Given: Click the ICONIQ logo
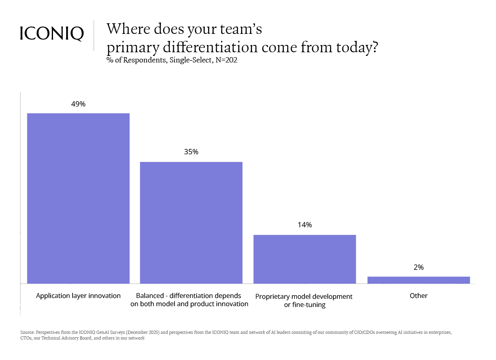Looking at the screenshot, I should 52,33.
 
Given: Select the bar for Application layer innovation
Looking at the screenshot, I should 78,198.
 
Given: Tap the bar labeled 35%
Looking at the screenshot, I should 191,222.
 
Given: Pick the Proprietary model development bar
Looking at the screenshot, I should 304,259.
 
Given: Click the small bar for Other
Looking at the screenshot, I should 418,280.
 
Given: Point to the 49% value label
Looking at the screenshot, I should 78,104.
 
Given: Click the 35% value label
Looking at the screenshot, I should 191,152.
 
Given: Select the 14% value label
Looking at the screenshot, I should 304,225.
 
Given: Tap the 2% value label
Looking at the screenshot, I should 418,267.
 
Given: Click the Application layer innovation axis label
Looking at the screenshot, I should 78,296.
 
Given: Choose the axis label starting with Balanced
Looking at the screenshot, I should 189,300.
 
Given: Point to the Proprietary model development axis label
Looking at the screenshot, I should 304,300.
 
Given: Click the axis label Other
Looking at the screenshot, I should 418,296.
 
